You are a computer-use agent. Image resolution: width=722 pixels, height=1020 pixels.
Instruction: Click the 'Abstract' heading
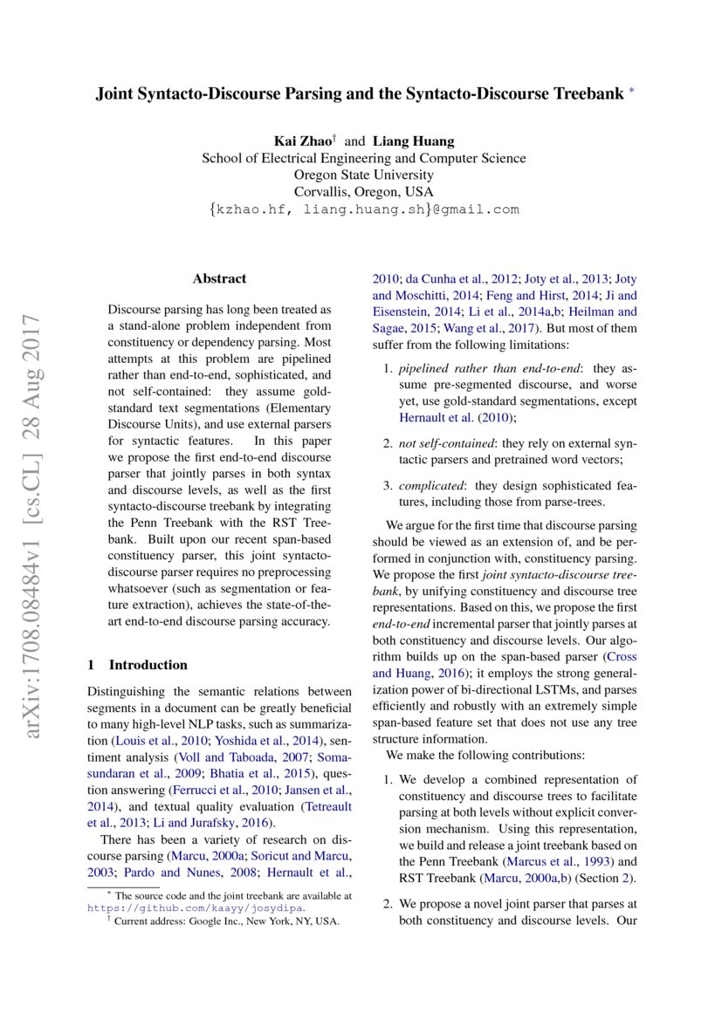tap(219, 279)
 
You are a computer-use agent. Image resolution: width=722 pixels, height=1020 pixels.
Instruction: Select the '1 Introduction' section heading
tap(138, 665)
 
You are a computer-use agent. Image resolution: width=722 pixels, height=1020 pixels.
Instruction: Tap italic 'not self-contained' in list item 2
tap(447, 443)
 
